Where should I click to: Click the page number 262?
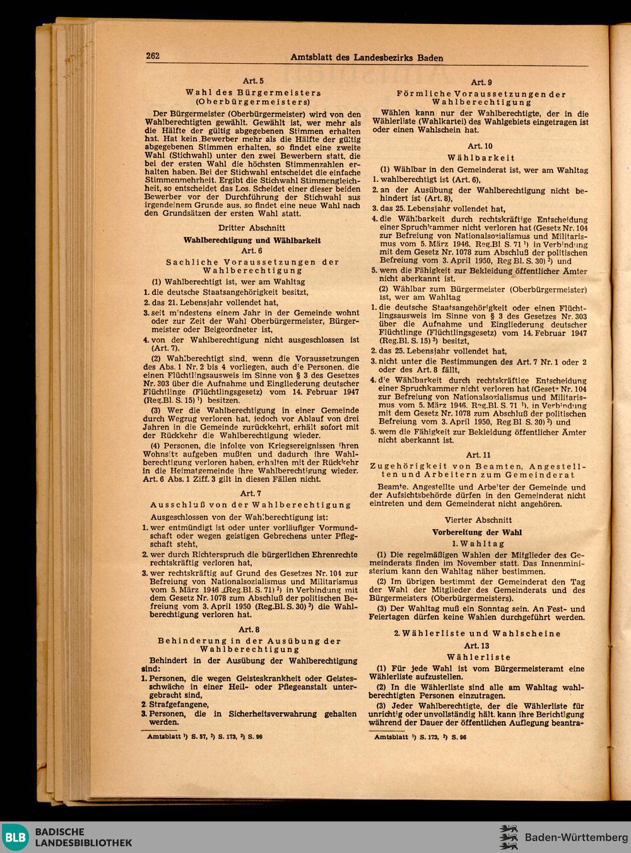153,56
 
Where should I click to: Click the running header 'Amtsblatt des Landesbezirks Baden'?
367,57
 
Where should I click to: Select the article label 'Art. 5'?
252,81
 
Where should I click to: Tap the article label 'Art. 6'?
252,250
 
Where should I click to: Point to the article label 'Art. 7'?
252,493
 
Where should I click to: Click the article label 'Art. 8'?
252,629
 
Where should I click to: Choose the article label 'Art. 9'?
481,82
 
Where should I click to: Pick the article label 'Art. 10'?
481,146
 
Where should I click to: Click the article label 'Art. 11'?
481,455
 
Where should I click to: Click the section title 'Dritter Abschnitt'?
252,227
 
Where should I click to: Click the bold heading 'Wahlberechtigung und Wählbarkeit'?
252,240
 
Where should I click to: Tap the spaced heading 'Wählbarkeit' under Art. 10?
481,158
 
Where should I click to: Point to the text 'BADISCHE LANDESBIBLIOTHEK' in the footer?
83,837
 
